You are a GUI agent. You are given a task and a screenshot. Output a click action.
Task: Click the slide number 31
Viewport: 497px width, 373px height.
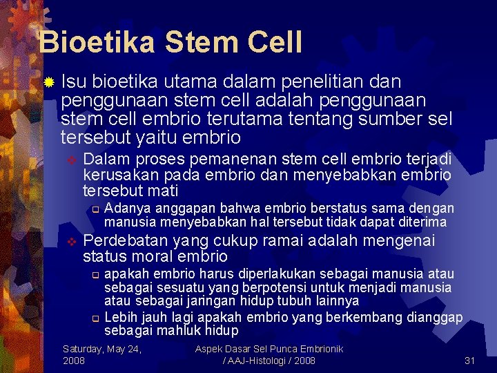click(x=470, y=361)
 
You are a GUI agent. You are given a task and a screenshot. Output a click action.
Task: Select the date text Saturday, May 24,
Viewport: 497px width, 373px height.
click(x=102, y=349)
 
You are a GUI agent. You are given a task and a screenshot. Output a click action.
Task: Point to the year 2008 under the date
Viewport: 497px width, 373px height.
click(x=74, y=361)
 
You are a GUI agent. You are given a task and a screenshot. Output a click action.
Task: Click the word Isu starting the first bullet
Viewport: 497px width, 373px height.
click(x=72, y=82)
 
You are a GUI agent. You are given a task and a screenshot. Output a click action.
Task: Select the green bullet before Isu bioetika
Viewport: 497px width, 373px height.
click(x=48, y=83)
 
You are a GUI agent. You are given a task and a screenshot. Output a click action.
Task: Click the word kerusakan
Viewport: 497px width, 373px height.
click(x=113, y=175)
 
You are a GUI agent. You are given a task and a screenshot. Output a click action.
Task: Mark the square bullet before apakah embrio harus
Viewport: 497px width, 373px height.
click(x=96, y=276)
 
